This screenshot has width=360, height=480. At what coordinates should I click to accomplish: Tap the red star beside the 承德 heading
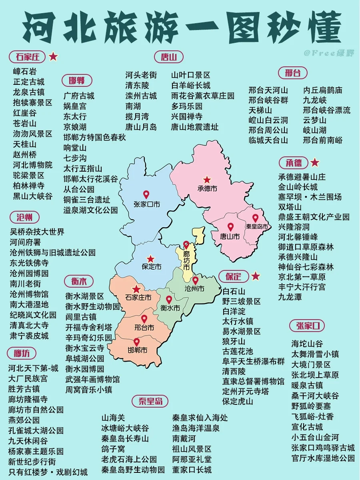(315, 163)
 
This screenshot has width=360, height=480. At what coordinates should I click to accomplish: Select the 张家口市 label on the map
(146, 204)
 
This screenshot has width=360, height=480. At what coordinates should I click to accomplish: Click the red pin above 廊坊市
(186, 244)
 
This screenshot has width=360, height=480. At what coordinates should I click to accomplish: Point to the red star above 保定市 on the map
(150, 258)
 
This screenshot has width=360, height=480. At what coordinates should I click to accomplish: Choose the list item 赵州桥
(25, 154)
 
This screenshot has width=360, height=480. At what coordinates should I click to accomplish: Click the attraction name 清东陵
(137, 85)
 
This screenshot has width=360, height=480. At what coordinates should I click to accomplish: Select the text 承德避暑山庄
(302, 177)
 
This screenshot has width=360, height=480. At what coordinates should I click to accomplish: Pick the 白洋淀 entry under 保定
(234, 311)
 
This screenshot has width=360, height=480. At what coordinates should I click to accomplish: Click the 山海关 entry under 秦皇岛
(113, 418)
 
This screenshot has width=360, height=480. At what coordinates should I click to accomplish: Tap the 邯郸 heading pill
(76, 80)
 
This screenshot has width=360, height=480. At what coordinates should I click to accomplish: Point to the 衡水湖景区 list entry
(85, 296)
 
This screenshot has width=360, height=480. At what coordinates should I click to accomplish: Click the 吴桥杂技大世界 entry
(37, 232)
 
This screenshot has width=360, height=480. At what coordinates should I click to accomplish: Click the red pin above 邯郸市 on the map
(136, 342)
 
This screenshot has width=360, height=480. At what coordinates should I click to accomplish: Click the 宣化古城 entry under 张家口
(307, 427)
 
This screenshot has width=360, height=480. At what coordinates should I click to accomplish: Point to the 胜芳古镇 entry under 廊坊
(24, 389)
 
